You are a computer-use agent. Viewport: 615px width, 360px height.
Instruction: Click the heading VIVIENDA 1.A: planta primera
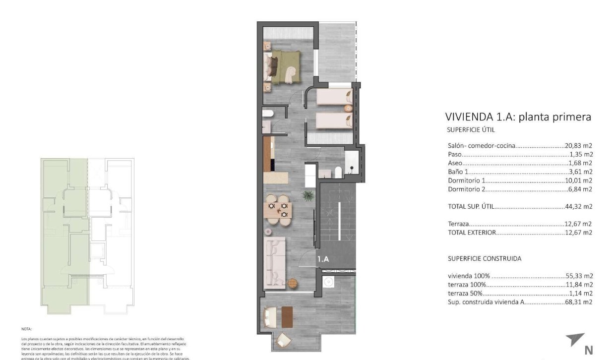coord(518,118)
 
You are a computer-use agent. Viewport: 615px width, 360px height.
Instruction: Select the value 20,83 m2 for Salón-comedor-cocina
coord(579,146)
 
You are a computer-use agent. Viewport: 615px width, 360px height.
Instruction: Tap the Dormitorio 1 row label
coord(466,180)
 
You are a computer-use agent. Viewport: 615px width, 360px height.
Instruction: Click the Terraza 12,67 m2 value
coord(579,224)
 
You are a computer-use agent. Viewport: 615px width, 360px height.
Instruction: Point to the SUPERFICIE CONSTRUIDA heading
coord(485,258)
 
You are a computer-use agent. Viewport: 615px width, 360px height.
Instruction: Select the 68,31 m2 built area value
coord(579,302)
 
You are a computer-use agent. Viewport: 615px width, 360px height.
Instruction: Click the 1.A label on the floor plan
coord(323,258)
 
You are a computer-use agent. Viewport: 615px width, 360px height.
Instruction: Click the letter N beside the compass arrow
coord(589,350)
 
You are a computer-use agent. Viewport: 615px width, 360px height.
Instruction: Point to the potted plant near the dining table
coord(308,195)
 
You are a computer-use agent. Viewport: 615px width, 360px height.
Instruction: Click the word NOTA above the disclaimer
coord(26,329)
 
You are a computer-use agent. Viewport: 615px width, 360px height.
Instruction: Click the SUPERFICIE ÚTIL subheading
coord(471,130)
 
